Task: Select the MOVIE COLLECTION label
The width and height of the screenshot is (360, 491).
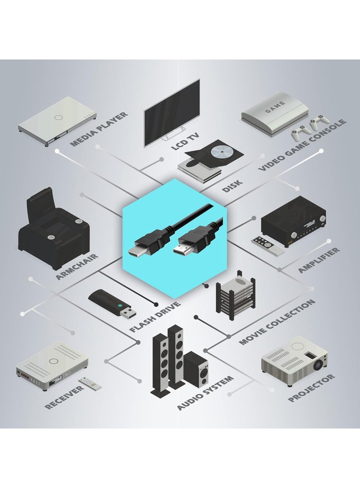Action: (276, 322)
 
